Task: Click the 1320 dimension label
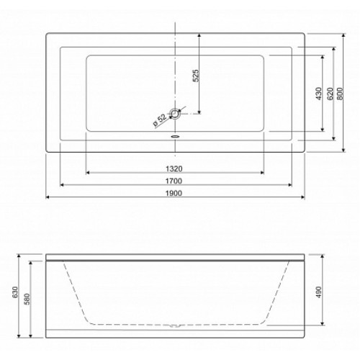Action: [174, 168]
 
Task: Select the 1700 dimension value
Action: [174, 181]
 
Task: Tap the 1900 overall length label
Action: [174, 193]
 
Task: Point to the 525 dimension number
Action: [196, 76]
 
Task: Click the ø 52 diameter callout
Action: [160, 120]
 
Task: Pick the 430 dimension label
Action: [318, 94]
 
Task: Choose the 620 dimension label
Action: [330, 94]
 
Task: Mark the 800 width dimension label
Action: [340, 94]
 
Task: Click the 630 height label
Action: [15, 292]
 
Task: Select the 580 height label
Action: [27, 299]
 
